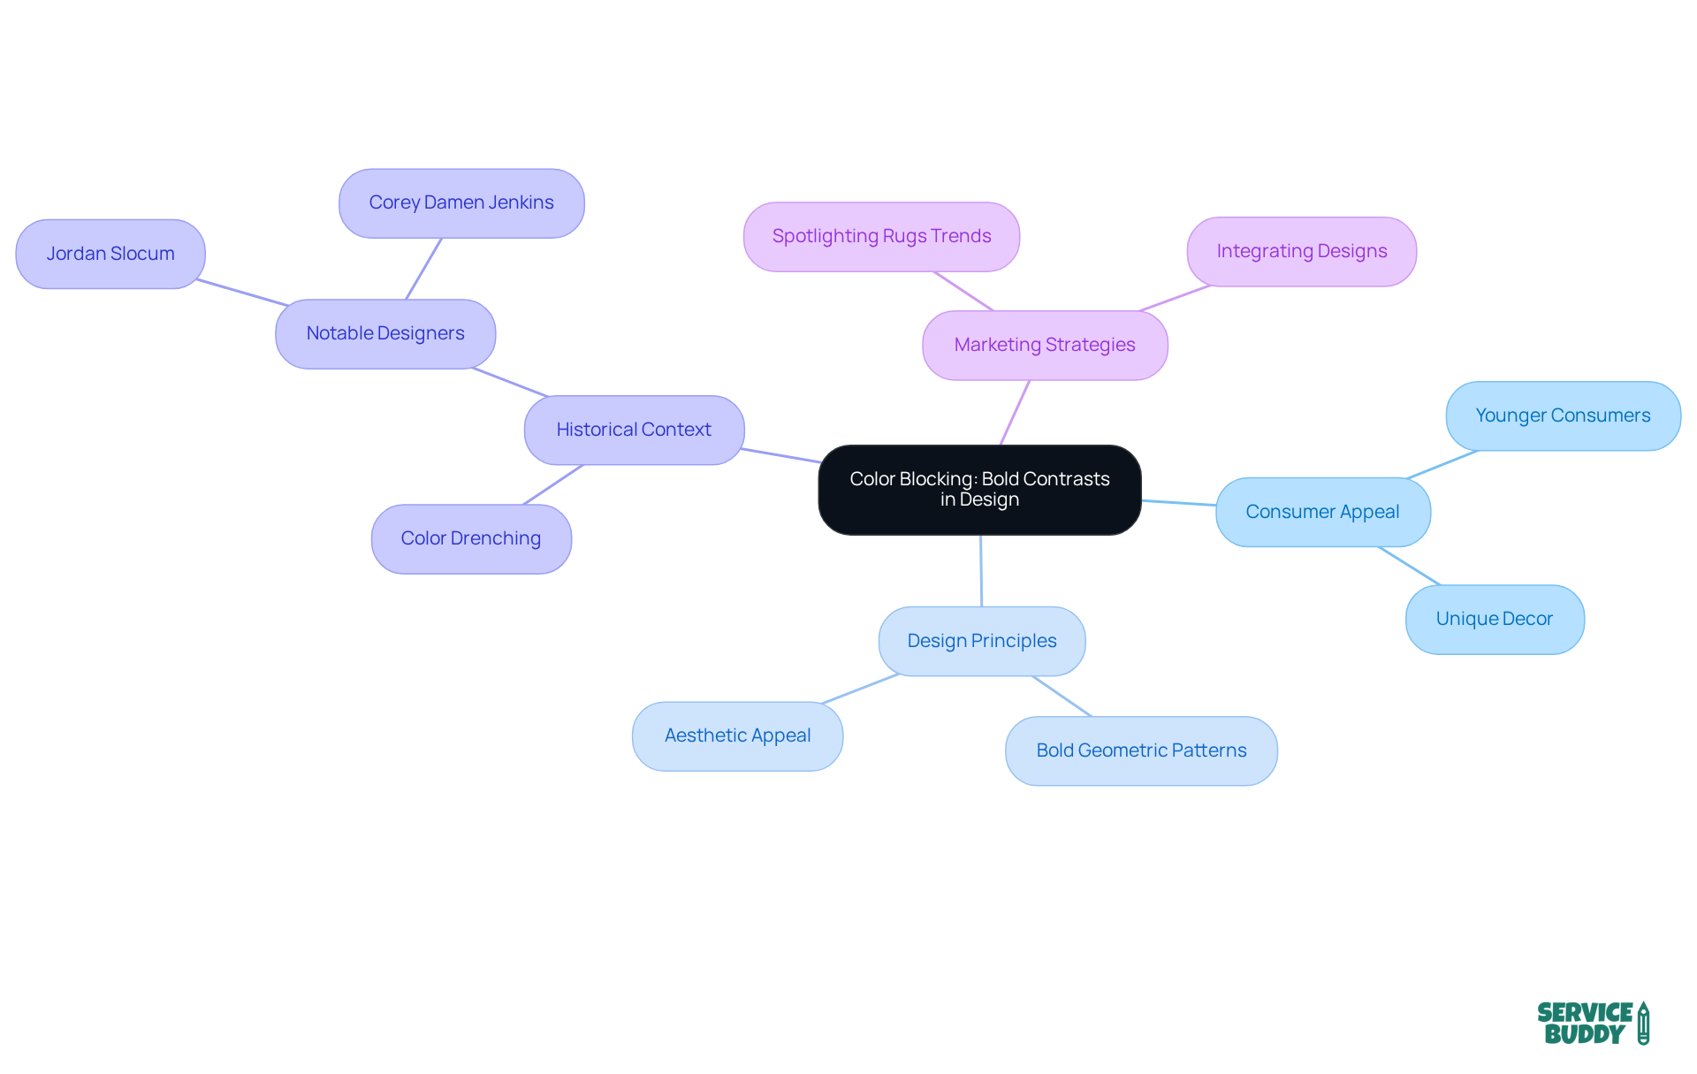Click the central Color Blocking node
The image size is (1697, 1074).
979,490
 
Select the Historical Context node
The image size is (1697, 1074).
634,430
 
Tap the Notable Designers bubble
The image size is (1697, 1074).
385,333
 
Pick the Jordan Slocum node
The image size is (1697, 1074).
110,254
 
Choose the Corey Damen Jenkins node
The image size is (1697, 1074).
461,202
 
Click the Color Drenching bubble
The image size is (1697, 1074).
471,538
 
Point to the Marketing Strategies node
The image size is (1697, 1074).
1045,345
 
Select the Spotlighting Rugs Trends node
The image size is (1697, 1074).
881,236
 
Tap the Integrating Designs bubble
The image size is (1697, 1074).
1301,251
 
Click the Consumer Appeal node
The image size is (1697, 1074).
1322,512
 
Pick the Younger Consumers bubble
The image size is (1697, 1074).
1563,415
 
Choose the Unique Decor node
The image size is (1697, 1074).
1494,619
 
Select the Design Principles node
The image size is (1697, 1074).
981,641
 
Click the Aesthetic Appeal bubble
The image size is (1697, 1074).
737,735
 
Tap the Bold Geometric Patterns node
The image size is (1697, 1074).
1141,750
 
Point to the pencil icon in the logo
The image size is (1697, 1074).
1643,1023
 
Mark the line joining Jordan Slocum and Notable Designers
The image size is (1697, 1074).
241,293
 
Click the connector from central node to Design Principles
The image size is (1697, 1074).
981,570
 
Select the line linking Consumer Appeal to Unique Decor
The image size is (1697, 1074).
1409,566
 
